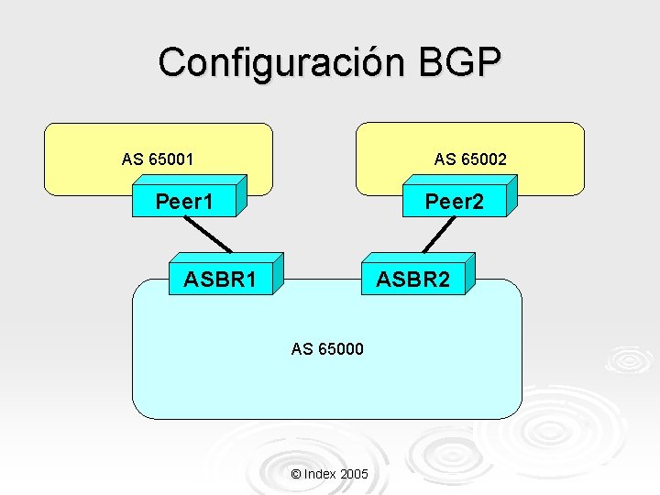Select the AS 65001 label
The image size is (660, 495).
(x=158, y=159)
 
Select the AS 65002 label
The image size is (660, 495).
(x=470, y=159)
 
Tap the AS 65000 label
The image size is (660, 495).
(x=327, y=348)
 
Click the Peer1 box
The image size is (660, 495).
(x=184, y=201)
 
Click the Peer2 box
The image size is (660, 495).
(x=453, y=202)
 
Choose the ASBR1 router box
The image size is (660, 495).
(x=220, y=279)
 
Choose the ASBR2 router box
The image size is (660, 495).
(x=412, y=279)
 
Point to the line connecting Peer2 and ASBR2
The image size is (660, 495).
(x=439, y=235)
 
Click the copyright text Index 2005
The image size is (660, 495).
(x=329, y=474)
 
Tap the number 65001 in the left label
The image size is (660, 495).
(x=170, y=159)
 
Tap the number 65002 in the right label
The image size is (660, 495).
(x=483, y=159)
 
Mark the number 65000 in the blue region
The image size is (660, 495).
(x=340, y=348)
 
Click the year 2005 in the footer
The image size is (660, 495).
(x=354, y=474)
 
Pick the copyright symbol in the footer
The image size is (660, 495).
(x=295, y=474)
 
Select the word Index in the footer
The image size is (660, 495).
(x=319, y=474)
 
